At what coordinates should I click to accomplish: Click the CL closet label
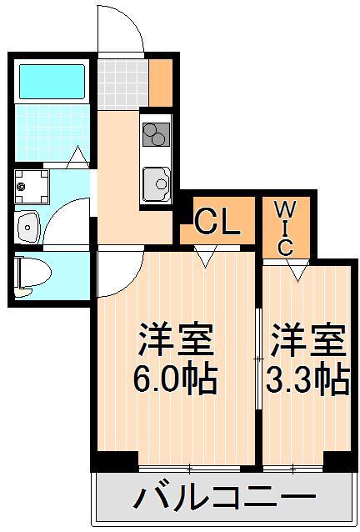click(217, 222)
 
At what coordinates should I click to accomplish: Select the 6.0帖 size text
click(176, 380)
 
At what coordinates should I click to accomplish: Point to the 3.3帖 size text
click(306, 380)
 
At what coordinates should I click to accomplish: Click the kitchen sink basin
click(156, 182)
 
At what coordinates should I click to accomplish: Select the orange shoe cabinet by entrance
click(160, 78)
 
